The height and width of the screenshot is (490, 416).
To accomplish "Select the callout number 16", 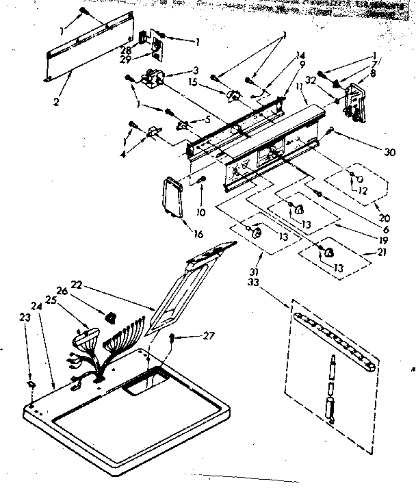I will pos(198,234).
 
